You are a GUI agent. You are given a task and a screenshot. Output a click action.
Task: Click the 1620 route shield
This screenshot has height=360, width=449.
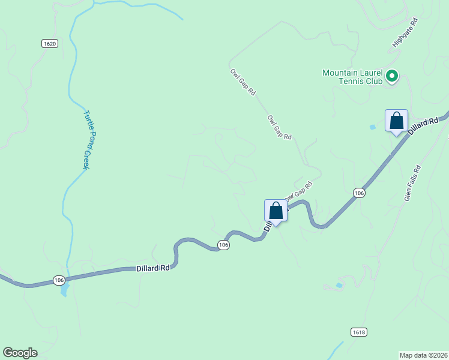50,43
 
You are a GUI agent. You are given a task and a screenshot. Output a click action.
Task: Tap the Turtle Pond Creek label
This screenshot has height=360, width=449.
86,139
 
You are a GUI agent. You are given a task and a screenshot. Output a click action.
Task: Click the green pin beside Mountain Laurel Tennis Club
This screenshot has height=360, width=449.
392,76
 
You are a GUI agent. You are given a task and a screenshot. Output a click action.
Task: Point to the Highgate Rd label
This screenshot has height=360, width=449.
405,32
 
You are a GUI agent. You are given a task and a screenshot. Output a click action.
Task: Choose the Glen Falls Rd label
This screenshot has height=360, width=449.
412,184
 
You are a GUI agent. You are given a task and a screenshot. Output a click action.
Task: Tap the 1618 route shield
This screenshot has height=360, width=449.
358,332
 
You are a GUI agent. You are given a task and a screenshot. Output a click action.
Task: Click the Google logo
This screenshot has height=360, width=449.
20,353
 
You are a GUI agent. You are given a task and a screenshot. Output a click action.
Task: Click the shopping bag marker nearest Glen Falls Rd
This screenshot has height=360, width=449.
396,121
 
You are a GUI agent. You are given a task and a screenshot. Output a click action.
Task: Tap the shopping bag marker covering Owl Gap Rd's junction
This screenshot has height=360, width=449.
276,211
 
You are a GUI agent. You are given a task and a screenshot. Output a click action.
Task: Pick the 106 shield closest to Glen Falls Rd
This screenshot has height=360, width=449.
358,193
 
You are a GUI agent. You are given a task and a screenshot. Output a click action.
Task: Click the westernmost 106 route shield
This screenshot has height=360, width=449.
58,280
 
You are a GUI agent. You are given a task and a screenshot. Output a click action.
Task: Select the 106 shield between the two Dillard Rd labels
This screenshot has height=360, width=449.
223,245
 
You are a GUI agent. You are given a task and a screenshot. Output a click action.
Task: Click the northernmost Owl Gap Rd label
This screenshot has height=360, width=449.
243,82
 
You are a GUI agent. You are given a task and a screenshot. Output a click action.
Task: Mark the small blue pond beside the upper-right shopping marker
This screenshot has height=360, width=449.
373,127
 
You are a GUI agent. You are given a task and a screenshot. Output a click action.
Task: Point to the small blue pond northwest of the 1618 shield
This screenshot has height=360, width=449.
340,285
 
